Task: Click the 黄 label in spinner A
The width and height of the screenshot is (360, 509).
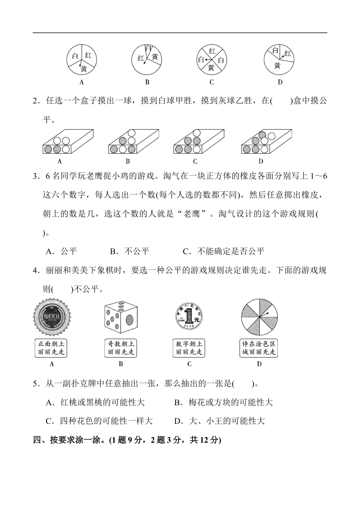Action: coord(84,69)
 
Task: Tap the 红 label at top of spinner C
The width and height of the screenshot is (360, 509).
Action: coord(212,51)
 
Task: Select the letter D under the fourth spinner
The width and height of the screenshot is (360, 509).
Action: coord(280,82)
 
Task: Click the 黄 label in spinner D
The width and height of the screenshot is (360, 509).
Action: coord(277,66)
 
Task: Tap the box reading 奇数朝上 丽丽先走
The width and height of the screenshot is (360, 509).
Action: coord(121,348)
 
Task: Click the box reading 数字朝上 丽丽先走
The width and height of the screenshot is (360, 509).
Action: coord(189,348)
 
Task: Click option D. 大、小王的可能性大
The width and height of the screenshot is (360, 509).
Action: coord(219,421)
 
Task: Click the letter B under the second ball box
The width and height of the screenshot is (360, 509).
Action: coord(128,161)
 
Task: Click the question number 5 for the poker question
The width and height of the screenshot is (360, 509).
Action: coord(35,384)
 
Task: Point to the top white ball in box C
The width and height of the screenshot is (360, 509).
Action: coord(196,133)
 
